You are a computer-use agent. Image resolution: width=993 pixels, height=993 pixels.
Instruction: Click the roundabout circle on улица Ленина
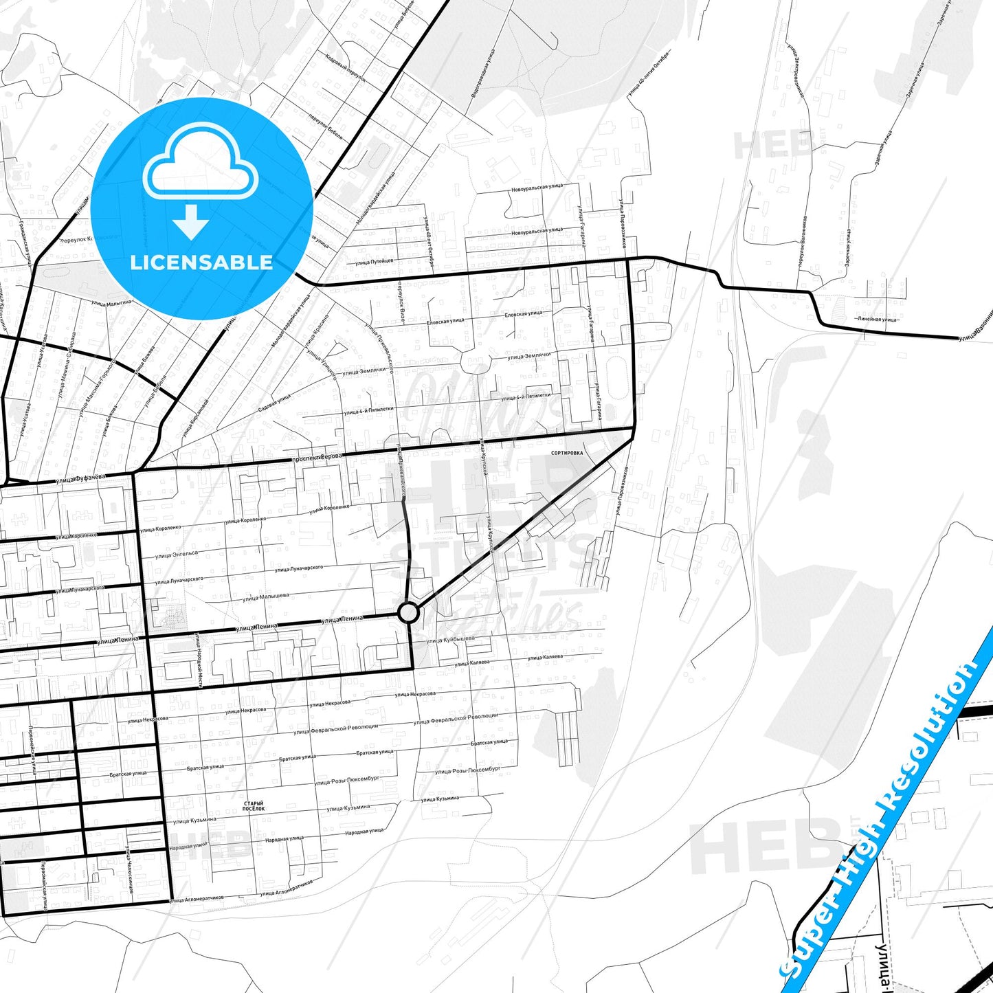(x=408, y=612)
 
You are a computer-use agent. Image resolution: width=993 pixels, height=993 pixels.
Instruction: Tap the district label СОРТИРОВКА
(x=567, y=454)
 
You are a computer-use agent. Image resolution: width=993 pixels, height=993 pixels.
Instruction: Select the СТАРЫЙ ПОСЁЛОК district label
(x=254, y=806)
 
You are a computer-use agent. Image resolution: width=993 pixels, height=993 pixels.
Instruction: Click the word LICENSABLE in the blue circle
(x=201, y=262)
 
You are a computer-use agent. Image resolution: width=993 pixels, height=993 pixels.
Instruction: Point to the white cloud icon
(x=200, y=165)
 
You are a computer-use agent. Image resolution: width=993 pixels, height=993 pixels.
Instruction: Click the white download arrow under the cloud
(x=191, y=221)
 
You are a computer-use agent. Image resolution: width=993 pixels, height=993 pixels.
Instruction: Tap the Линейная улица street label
(x=878, y=319)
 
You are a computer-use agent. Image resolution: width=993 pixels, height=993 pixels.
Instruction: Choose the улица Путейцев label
(x=375, y=261)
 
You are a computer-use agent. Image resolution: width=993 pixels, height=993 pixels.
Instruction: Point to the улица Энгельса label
(x=176, y=554)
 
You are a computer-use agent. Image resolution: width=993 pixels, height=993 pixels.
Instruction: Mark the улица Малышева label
(x=265, y=597)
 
